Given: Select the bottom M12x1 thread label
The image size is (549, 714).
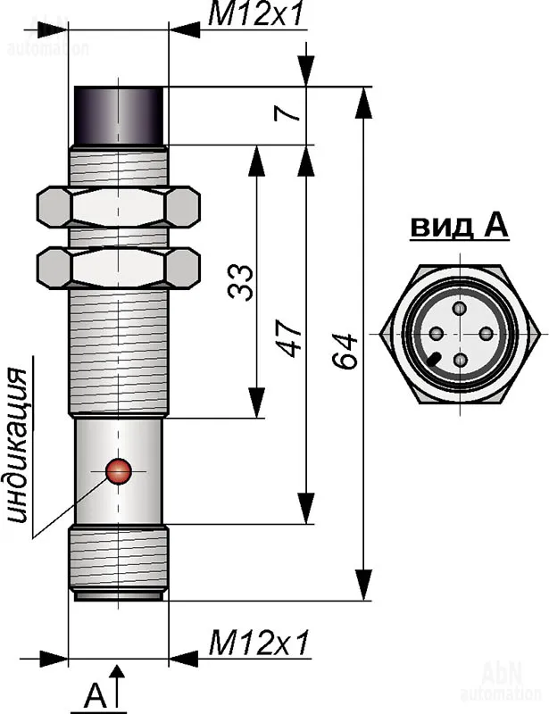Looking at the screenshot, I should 258,641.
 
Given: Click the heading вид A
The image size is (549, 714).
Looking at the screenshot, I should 459,226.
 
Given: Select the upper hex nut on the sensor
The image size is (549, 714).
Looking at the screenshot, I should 119,207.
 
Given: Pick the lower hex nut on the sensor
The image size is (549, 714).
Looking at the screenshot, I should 119,268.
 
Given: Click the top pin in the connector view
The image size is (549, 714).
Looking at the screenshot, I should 460,309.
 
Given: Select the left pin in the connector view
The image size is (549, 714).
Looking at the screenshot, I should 436,334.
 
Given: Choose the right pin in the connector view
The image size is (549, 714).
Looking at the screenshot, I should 486,333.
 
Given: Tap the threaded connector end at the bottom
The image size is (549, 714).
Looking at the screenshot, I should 119,560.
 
